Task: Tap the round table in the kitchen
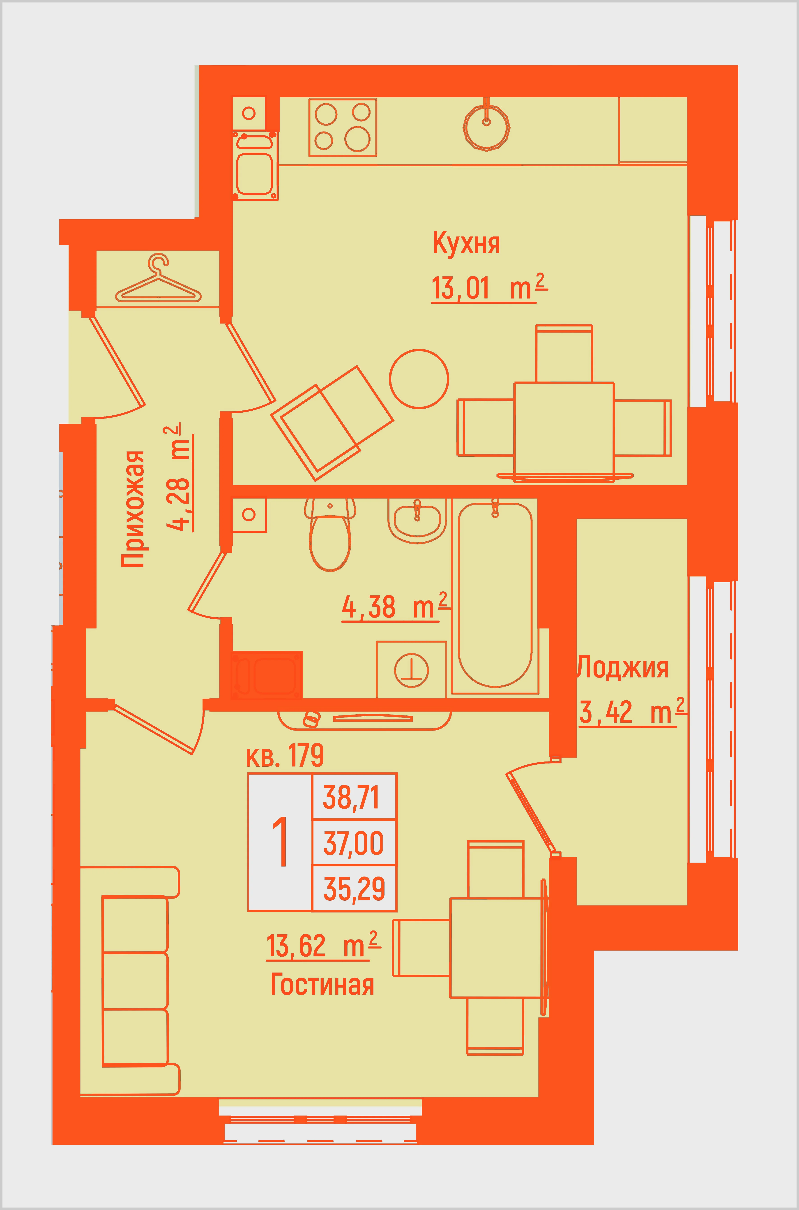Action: pos(419,379)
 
